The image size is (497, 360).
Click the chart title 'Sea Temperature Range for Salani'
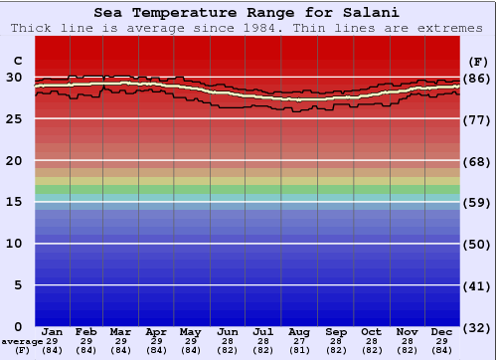(248, 13)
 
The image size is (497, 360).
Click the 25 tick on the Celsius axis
(14, 118)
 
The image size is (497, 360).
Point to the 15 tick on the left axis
(14, 202)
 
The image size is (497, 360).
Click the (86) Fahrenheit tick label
(477, 78)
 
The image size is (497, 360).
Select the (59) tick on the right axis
(477, 202)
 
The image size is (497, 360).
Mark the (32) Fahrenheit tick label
(477, 327)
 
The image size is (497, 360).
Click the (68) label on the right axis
(477, 161)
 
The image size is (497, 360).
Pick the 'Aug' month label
(298, 331)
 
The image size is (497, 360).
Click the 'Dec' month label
(442, 331)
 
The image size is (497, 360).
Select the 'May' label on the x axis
(191, 331)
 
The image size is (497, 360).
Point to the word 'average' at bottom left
(22, 341)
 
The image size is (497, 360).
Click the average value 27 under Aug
(298, 341)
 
